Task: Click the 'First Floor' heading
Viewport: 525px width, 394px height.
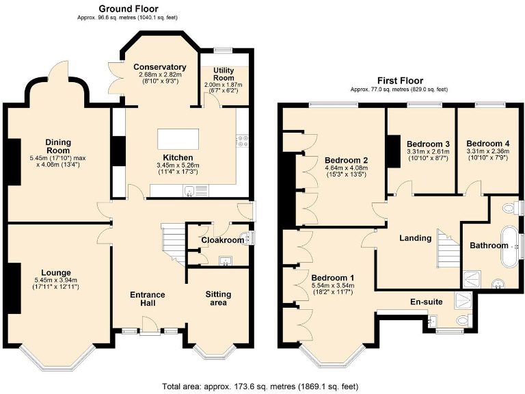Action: click(399, 80)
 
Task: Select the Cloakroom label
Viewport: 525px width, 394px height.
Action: click(222, 240)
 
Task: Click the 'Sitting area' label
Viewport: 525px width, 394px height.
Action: click(218, 298)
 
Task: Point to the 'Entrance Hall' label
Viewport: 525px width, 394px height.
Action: click(148, 299)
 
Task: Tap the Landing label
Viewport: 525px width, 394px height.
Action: click(416, 238)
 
